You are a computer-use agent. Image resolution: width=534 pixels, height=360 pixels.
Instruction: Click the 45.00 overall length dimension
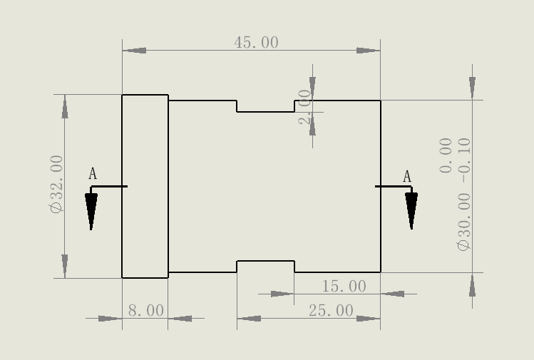[x=256, y=43]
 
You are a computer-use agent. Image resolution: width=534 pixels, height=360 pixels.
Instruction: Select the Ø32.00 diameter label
[x=56, y=184]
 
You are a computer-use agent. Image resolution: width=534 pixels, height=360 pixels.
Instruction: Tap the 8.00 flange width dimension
[x=145, y=311]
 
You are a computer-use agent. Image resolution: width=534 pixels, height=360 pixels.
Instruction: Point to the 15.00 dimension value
[x=344, y=287]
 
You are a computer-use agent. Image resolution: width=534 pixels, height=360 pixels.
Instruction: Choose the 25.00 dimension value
[x=331, y=311]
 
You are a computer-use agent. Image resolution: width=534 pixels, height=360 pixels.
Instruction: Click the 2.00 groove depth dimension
[x=305, y=107]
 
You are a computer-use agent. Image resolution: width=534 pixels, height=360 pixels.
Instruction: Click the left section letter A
[x=93, y=174]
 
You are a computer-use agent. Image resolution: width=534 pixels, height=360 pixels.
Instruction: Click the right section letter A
[x=407, y=177]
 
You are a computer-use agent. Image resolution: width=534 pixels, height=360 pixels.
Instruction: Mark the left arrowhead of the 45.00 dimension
[x=135, y=51]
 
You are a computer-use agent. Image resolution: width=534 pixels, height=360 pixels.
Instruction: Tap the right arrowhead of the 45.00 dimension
[x=368, y=51]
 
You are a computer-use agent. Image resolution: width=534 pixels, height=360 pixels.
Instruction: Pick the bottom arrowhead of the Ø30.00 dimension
[x=472, y=285]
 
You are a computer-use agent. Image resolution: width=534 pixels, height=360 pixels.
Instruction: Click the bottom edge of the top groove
[x=265, y=112]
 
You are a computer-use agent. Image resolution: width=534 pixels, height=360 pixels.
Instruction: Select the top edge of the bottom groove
[x=265, y=261]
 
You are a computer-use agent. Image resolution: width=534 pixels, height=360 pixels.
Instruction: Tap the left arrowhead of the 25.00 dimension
[x=249, y=319]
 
